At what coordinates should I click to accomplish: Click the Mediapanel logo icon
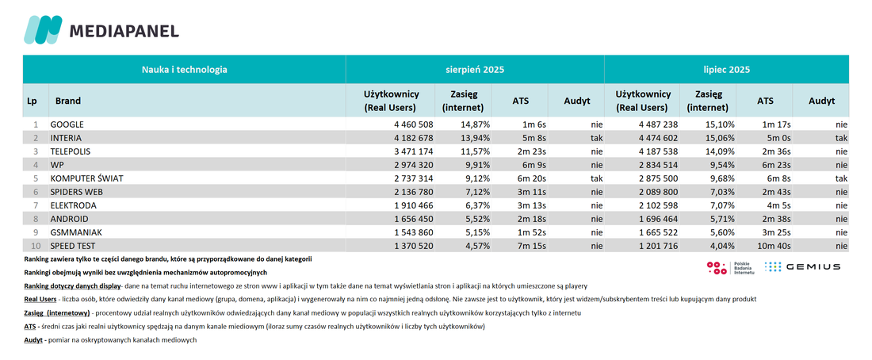[42, 29]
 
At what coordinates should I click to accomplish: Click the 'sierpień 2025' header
[475, 70]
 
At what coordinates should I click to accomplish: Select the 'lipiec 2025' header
[726, 70]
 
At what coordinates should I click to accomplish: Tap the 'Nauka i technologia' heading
[184, 70]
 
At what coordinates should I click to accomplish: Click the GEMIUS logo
[802, 267]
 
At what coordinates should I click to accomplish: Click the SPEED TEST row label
[72, 245]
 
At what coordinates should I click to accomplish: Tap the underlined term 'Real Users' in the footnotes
[40, 300]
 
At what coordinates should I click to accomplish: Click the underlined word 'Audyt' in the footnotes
[33, 340]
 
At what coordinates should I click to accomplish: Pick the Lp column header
[33, 101]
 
